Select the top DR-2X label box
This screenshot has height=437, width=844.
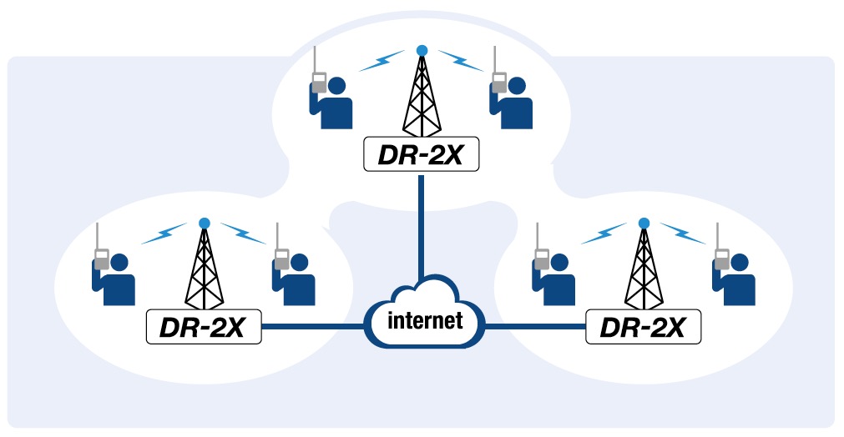click(x=422, y=154)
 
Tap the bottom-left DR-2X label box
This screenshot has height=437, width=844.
click(x=205, y=326)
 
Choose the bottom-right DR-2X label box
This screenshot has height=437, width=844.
click(x=643, y=326)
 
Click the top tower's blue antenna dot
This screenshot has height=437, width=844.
click(x=422, y=50)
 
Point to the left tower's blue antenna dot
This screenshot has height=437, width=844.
click(x=204, y=223)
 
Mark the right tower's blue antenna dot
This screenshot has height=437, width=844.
click(x=644, y=223)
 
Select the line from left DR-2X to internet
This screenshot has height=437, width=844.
click(x=313, y=326)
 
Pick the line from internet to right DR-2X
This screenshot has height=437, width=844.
click(x=534, y=326)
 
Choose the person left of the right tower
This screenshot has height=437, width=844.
click(x=554, y=279)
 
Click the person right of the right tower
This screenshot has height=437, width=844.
click(x=735, y=279)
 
